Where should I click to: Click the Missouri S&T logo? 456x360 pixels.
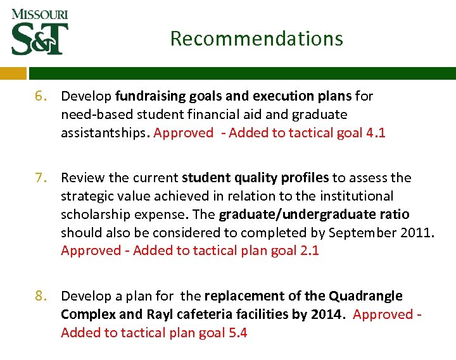(x=39, y=32)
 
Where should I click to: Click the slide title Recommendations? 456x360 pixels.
(x=256, y=39)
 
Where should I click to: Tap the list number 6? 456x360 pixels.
(x=41, y=96)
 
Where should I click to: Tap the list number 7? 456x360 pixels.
(x=41, y=178)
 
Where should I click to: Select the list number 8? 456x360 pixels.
(x=41, y=296)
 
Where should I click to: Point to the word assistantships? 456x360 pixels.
(x=104, y=133)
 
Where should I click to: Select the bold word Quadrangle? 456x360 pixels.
(x=365, y=296)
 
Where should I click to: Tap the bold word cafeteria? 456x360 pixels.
(x=203, y=314)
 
